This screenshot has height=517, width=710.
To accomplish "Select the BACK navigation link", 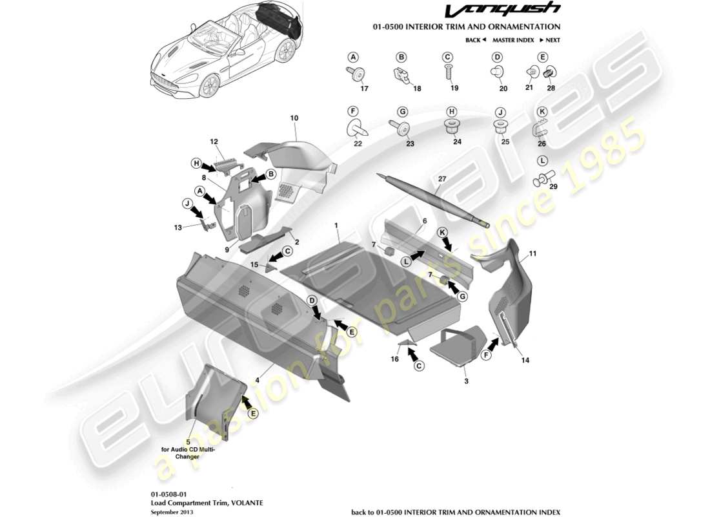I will point(475,40).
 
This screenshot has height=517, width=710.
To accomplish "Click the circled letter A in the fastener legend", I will point(353,57).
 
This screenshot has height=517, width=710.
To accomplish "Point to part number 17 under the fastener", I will point(364,89).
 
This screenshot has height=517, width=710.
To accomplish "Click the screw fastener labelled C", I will point(447,72).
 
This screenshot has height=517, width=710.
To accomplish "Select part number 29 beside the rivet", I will point(553,186).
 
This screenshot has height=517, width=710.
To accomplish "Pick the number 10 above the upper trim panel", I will point(294,118).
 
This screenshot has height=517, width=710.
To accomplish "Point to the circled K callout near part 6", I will point(442,231).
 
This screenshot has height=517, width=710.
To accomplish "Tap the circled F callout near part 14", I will point(486,353).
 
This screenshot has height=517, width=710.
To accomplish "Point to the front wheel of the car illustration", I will point(208,85).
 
